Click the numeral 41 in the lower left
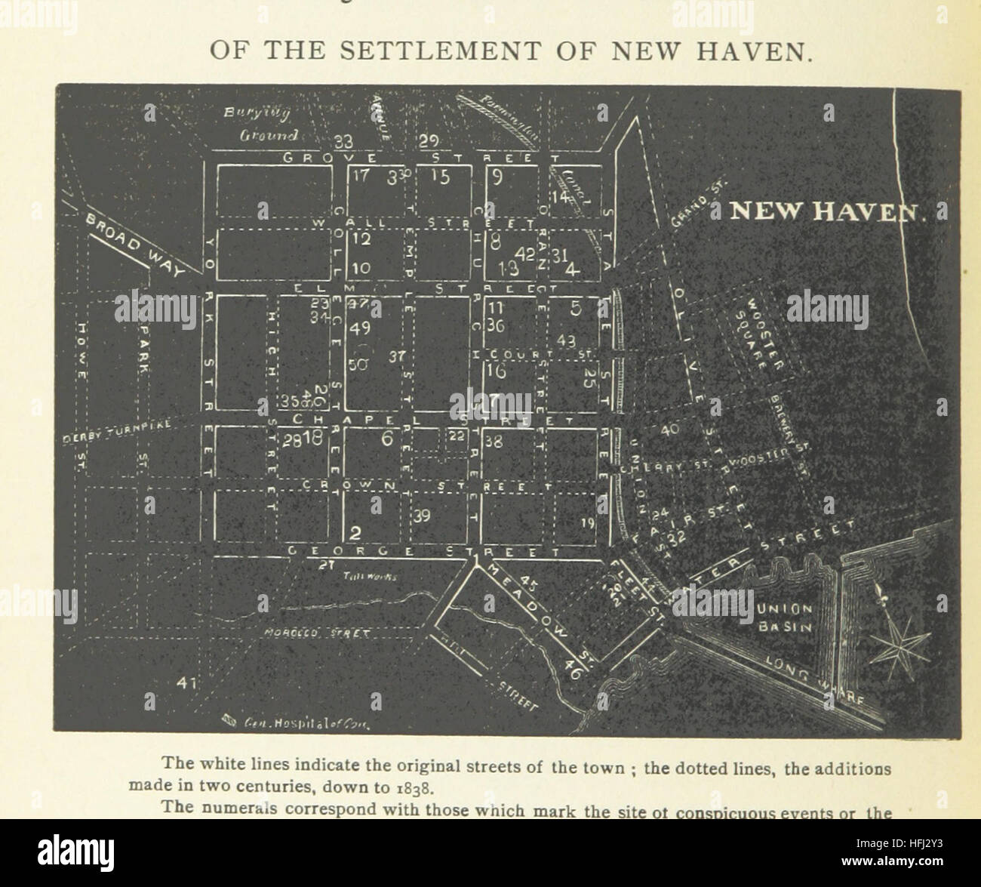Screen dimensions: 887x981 point(186,682)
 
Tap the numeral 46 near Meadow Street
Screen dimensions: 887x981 point(573,667)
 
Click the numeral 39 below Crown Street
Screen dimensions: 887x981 point(422,516)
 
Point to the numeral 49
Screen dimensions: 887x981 point(361,328)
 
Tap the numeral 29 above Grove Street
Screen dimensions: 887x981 point(429,141)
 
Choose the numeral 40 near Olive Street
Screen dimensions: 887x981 point(669,430)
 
